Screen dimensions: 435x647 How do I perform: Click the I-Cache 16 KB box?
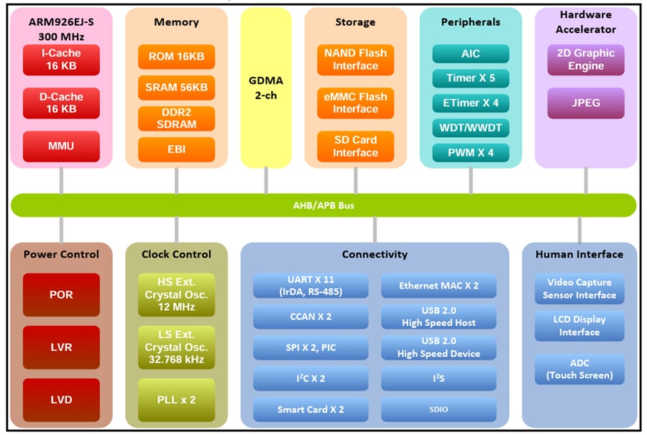pos(61,60)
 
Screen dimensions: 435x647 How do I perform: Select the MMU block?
pos(61,146)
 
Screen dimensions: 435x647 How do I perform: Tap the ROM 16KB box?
pos(176,57)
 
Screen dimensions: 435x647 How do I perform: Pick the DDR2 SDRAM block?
pos(176,118)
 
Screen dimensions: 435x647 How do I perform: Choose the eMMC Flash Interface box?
pos(355,103)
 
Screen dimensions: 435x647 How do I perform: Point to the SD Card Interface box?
pos(355,146)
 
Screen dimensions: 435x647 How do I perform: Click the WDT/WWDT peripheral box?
pos(470,128)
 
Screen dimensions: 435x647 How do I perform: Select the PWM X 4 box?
pos(470,152)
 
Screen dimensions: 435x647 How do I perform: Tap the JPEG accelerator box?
pos(586,103)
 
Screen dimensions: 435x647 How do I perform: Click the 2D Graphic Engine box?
pos(586,60)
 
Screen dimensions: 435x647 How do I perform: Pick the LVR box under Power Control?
pos(61,347)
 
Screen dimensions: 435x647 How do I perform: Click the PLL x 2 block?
pos(176,400)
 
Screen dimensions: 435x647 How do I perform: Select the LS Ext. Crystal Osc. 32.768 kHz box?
pos(176,347)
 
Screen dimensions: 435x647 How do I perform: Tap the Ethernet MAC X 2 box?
pos(439,286)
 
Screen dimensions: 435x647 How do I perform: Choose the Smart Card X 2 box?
pos(311,410)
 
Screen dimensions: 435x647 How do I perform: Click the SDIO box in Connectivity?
pos(439,410)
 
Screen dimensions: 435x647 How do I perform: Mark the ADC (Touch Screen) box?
pos(579,369)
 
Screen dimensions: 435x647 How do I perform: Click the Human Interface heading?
pos(579,254)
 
